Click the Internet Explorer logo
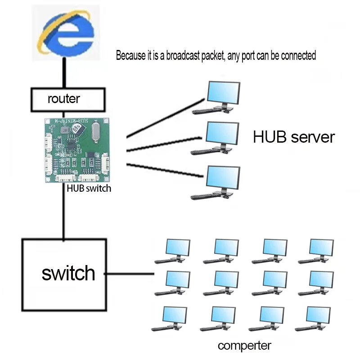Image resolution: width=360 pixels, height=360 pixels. (x=66, y=34)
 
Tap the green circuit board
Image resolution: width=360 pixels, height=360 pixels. (x=77, y=149)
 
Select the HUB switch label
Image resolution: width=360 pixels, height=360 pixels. (x=89, y=189)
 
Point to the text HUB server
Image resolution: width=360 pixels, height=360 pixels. (x=294, y=137)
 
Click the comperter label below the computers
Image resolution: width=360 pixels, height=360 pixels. (x=244, y=346)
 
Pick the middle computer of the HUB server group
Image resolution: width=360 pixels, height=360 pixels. (x=218, y=137)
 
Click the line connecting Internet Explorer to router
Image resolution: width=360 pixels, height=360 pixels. (x=66, y=74)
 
